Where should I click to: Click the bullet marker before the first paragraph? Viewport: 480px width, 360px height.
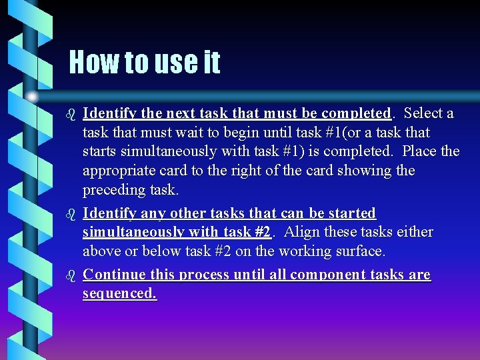pyautogui.click(x=73, y=113)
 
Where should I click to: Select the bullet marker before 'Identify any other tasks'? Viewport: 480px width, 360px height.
pyautogui.click(x=73, y=213)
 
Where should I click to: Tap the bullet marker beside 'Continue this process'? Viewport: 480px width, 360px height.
pyautogui.click(x=73, y=275)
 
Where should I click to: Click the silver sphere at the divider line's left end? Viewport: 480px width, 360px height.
pyautogui.click(x=32, y=97)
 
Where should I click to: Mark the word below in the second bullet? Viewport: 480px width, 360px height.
pyautogui.click(x=159, y=251)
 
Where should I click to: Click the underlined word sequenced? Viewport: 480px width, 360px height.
pyautogui.click(x=119, y=293)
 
